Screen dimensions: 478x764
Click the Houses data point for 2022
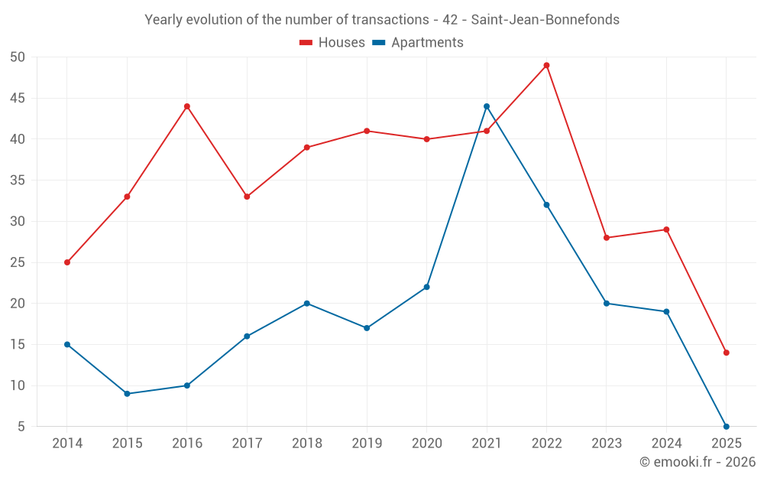tap(546, 65)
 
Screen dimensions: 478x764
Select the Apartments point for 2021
tap(487, 106)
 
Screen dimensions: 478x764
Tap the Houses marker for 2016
tap(187, 106)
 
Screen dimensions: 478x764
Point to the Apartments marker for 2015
tap(127, 394)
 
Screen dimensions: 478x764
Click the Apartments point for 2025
tap(727, 427)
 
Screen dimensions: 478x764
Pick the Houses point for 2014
tap(67, 262)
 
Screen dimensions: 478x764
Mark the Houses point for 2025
tap(727, 353)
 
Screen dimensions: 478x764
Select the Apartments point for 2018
tap(307, 304)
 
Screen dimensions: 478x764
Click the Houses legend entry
tap(332, 43)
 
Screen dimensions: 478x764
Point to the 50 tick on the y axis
tap(18, 57)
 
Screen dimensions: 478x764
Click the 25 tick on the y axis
tap(18, 262)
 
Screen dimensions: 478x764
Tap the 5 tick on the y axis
tap(21, 427)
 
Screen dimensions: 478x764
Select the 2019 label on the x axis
tap(367, 444)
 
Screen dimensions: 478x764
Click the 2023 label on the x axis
tap(607, 444)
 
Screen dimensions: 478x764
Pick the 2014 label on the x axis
tap(67, 444)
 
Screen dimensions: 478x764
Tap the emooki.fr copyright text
tap(698, 462)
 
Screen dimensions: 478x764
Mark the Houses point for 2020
tap(427, 139)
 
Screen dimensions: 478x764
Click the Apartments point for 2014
tap(67, 344)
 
